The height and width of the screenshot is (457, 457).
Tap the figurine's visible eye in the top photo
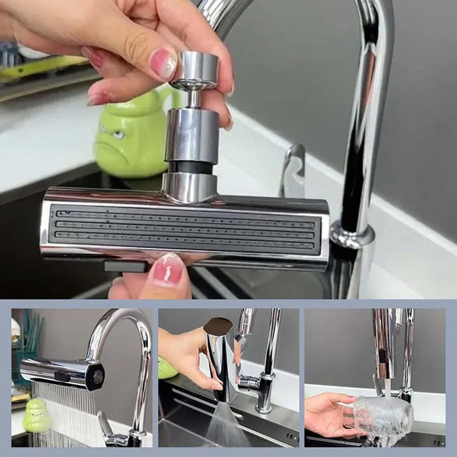pos(118,135)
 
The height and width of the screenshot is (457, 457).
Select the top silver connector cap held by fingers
pos(196,70)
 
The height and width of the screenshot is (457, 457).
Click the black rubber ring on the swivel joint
pos(192,166)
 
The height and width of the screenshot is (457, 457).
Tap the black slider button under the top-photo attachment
pos(125,266)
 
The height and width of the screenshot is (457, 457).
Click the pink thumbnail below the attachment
pos(168,270)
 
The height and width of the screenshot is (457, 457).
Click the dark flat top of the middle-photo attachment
pos(218,326)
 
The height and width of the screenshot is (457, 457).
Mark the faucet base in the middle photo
pos(264,400)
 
